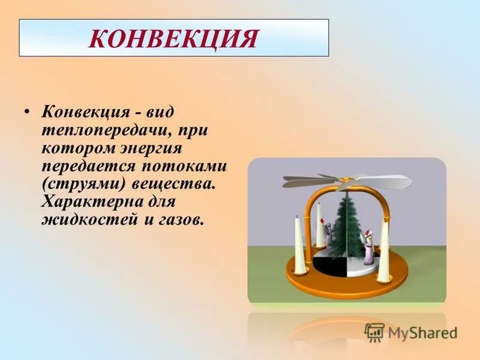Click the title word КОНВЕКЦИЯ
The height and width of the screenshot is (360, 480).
pos(173,38)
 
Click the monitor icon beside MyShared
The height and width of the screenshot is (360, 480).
pos(374,332)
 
